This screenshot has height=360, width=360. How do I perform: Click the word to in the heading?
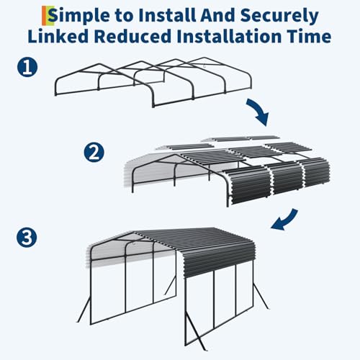tap(125, 14)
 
